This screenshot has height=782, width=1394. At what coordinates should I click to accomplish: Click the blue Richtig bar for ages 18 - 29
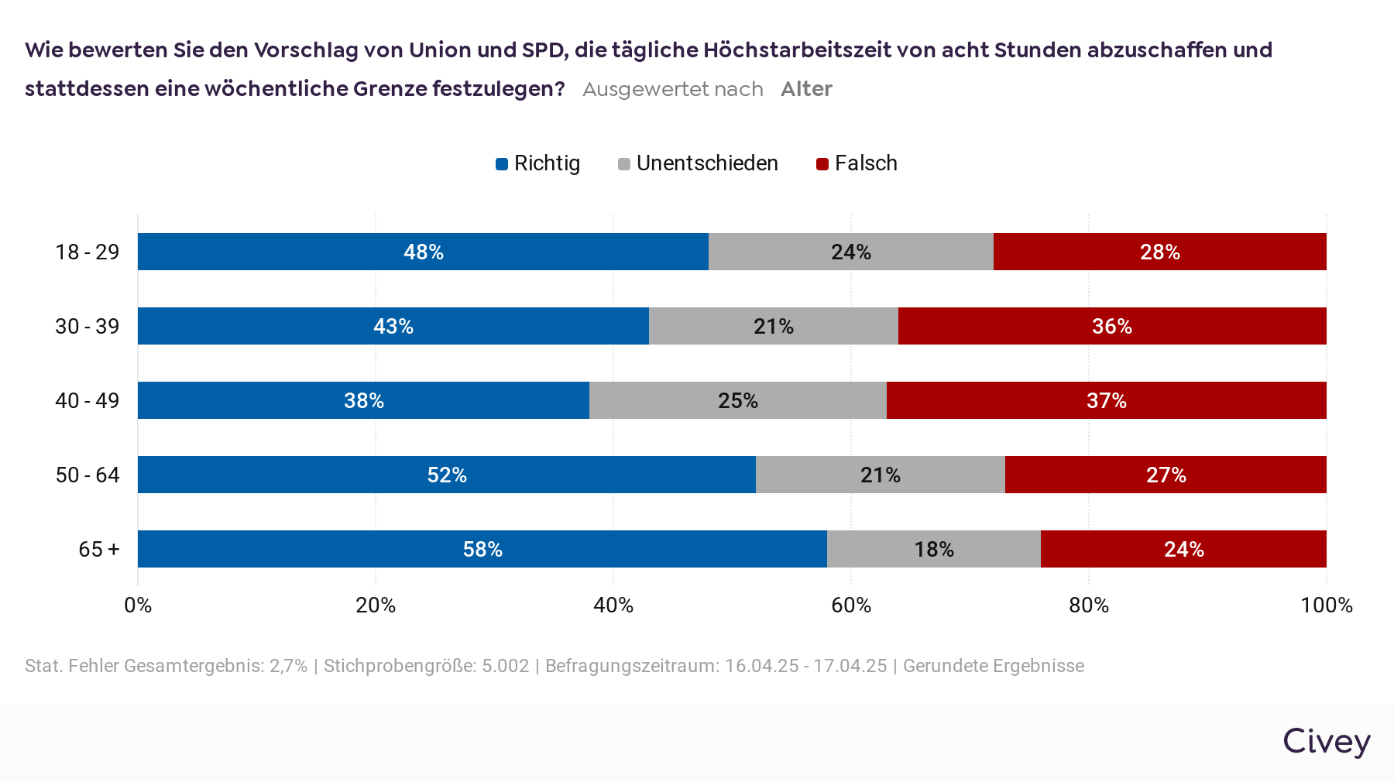click(423, 252)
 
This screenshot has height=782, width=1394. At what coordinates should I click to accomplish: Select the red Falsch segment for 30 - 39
click(1112, 326)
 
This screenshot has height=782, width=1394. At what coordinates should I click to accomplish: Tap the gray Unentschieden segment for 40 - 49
click(737, 400)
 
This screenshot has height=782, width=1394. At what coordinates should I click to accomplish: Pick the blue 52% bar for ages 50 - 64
click(446, 475)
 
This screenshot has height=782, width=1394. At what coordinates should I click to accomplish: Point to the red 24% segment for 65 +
click(1183, 549)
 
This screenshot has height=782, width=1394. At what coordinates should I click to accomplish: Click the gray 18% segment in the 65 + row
click(933, 549)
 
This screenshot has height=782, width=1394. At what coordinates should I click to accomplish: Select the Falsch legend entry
click(857, 163)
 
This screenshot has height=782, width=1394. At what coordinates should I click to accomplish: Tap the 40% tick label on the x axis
click(613, 605)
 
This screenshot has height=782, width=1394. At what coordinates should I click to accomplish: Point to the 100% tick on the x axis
click(1326, 605)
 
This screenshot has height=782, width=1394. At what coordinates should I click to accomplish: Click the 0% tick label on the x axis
click(138, 605)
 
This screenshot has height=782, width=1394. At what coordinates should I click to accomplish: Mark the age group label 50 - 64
click(88, 475)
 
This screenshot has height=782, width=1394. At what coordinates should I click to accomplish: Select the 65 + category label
click(99, 549)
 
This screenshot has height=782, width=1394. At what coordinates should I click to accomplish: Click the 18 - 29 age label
click(88, 252)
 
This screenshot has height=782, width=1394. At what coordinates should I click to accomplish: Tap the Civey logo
click(1326, 741)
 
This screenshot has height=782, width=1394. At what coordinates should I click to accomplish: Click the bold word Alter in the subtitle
click(806, 89)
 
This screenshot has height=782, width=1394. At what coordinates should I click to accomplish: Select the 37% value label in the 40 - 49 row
click(1106, 400)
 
